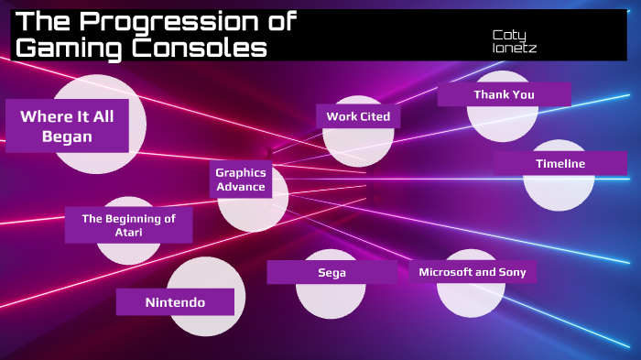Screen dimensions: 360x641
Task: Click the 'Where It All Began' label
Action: (68, 126)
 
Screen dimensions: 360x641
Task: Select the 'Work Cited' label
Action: (358, 116)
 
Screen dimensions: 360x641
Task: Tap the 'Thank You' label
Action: (504, 94)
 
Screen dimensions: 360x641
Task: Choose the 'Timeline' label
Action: (560, 164)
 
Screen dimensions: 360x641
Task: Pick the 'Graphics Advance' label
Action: (240, 180)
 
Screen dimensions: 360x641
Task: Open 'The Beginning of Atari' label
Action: (128, 225)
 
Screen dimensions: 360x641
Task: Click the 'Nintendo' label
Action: (175, 301)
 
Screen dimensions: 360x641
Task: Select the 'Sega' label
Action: (331, 272)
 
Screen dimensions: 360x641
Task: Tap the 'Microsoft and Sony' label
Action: (472, 272)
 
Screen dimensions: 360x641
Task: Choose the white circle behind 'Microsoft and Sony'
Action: (471, 298)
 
